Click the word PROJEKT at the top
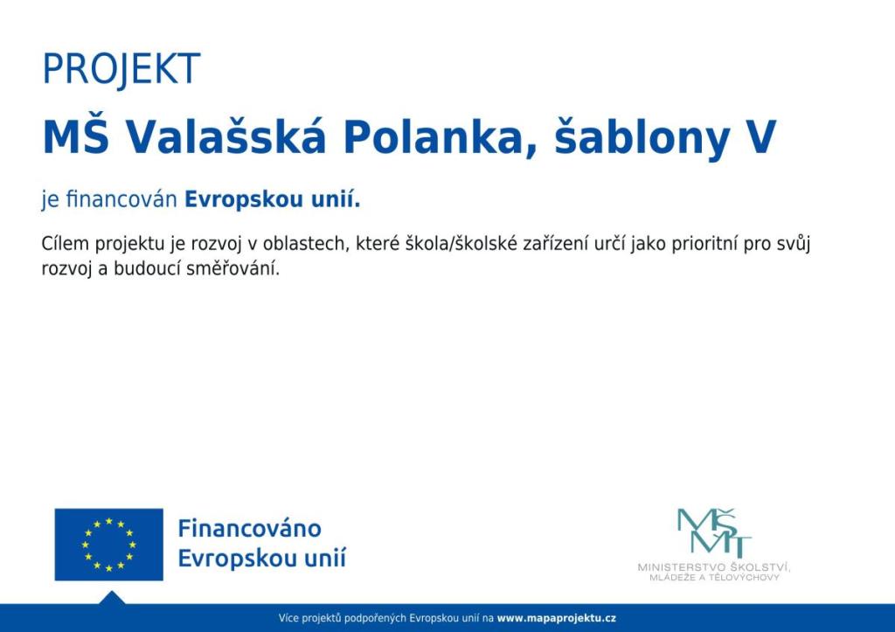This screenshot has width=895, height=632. pos(121,69)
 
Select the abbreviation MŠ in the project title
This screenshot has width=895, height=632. pos(75,136)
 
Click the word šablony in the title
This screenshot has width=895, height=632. pos(642,138)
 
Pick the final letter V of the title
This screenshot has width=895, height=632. pos(761,137)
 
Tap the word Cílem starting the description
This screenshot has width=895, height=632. pos(65,243)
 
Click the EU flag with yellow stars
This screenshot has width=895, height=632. pos(108,544)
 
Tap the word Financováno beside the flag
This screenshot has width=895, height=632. pos(249,528)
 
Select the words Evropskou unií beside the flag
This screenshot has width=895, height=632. pos(262,558)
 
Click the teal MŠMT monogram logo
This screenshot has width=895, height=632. pos(714,533)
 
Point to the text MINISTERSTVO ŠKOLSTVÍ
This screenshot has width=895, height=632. pos(714,567)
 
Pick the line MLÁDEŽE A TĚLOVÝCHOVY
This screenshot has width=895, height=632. pos(714,578)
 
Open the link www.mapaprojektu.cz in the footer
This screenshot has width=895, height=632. pos(556,618)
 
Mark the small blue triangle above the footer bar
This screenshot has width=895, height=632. pos(112,598)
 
